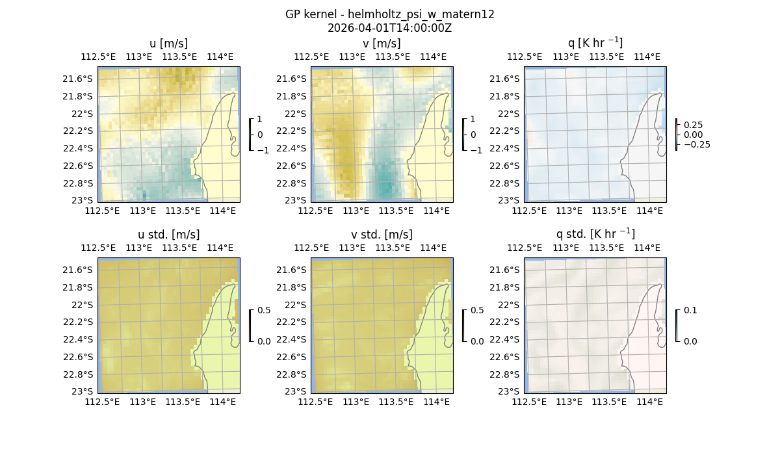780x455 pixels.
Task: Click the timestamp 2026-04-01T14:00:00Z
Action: (389, 28)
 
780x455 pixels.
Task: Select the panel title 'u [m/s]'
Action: (168, 44)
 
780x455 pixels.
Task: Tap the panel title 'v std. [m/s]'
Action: (382, 235)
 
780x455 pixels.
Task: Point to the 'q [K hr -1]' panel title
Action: (595, 43)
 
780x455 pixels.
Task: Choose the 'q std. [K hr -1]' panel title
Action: (595, 234)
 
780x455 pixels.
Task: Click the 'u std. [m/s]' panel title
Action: (168, 235)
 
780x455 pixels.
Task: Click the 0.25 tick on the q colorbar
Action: (693, 125)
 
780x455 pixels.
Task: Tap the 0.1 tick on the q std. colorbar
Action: (690, 311)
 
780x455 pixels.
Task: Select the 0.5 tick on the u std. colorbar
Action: (264, 311)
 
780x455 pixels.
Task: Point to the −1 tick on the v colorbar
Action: (476, 150)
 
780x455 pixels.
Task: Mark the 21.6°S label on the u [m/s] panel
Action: (81, 79)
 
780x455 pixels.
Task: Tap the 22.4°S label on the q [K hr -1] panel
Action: (507, 148)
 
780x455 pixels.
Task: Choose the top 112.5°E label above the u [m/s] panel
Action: (98, 57)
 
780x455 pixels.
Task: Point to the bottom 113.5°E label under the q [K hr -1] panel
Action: (609, 211)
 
